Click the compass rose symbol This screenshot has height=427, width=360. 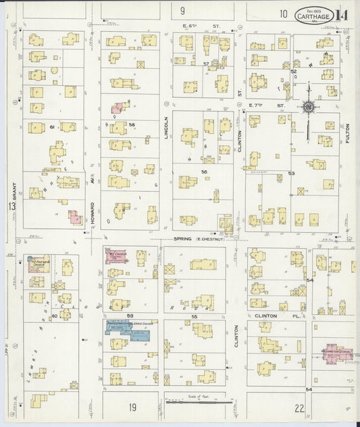(308, 107)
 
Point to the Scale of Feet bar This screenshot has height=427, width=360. (199, 403)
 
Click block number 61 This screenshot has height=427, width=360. (51, 126)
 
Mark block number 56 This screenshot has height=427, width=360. (203, 172)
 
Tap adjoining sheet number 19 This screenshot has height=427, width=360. (133, 407)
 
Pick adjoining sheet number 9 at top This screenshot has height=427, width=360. (182, 11)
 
